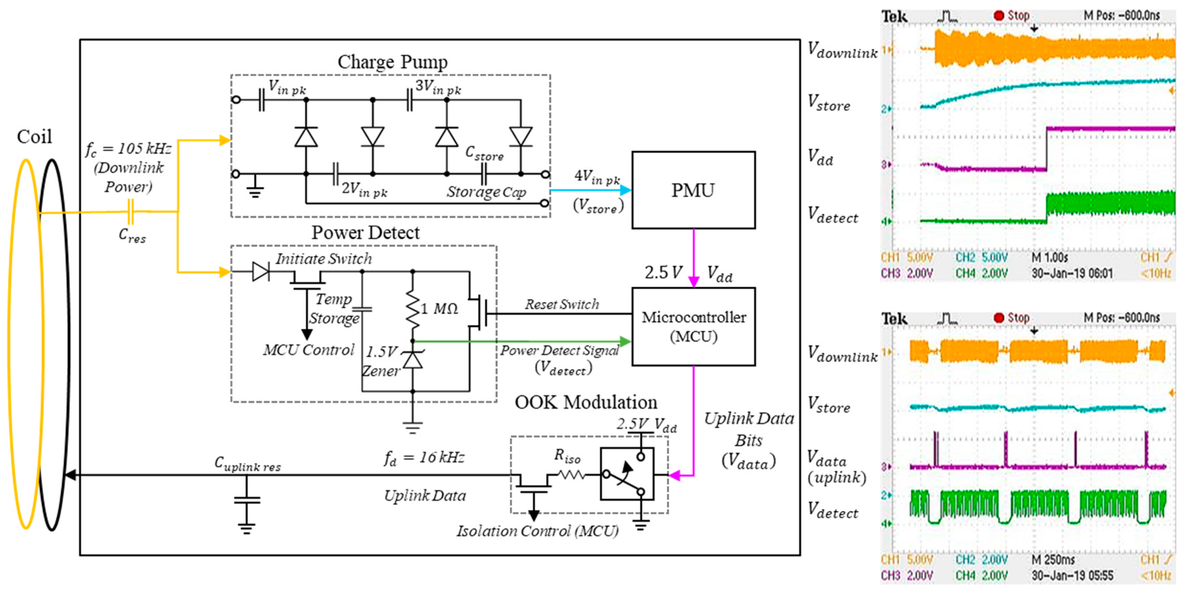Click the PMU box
(x=693, y=190)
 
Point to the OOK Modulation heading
(x=586, y=402)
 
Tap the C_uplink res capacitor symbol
(x=247, y=500)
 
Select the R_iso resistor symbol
(x=571, y=474)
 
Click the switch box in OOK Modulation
(x=627, y=474)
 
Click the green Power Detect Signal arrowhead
(x=625, y=342)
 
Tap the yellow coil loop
(x=26, y=344)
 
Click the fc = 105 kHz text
(x=128, y=149)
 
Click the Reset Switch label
(x=562, y=305)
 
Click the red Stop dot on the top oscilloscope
(x=999, y=16)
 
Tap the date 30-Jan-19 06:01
(x=1072, y=274)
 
